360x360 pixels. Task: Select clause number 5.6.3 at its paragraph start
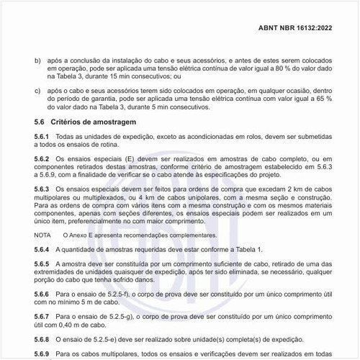[x=42, y=188]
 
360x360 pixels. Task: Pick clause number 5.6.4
[x=42, y=248]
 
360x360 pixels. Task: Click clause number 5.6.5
[x=42, y=264]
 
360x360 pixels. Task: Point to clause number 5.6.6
[x=42, y=294]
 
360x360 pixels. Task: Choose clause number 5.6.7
[x=42, y=316]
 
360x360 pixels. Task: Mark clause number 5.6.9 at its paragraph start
[x=42, y=354]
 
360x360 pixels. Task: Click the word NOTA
[x=42, y=235]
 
